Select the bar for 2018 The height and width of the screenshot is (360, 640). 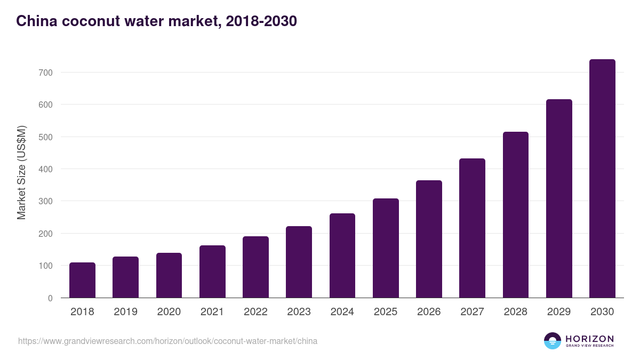82,280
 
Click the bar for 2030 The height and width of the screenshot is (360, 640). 602,179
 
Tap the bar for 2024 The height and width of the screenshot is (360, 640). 342,255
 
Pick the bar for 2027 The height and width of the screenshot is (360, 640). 472,228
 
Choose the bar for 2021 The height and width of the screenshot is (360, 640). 212,271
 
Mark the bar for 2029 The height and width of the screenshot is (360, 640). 559,198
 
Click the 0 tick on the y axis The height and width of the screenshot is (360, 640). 50,298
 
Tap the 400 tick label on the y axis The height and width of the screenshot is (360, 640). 46,169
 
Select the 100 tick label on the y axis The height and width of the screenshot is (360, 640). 46,266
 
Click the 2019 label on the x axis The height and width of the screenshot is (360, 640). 125,312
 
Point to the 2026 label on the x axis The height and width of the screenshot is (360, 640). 429,312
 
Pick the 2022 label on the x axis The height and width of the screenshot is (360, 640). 255,312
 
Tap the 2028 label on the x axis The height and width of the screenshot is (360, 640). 515,312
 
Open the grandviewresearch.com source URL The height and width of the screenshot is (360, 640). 167,341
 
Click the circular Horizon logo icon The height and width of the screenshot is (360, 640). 553,341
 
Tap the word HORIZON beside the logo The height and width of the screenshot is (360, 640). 589,338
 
